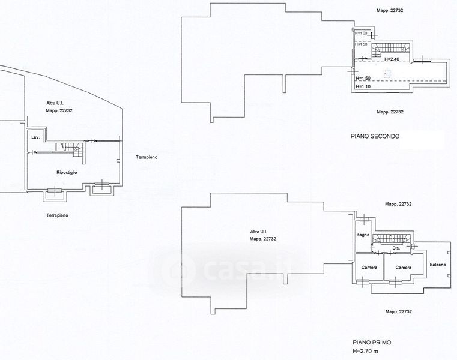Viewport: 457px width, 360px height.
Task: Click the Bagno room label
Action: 363,235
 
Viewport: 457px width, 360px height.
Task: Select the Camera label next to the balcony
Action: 403,267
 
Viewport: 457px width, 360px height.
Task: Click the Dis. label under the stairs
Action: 396,248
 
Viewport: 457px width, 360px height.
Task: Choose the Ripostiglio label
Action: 67,172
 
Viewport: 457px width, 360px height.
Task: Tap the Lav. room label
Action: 35,139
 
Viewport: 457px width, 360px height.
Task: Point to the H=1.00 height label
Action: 360,33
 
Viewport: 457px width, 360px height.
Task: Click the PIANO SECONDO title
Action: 375,137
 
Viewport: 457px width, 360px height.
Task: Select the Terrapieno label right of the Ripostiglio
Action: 145,157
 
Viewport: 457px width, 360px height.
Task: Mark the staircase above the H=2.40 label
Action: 390,47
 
